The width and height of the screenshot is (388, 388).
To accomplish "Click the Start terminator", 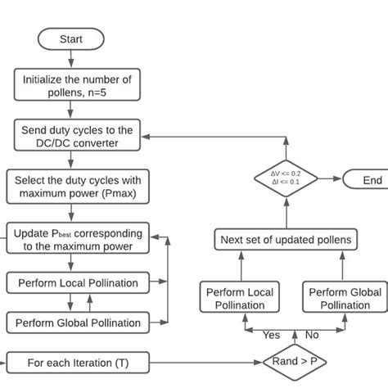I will (71, 38).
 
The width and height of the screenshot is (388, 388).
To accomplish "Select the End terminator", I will (363, 179).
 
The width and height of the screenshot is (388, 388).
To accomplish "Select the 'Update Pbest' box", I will (77, 239).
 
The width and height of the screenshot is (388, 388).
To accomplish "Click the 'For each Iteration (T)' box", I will (77, 361).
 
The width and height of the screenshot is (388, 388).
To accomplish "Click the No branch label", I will (311, 335).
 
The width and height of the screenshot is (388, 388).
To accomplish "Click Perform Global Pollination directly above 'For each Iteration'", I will (77, 323).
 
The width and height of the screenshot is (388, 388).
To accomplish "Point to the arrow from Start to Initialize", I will (71, 58).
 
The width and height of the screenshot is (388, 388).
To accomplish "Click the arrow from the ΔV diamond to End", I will (329, 179).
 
